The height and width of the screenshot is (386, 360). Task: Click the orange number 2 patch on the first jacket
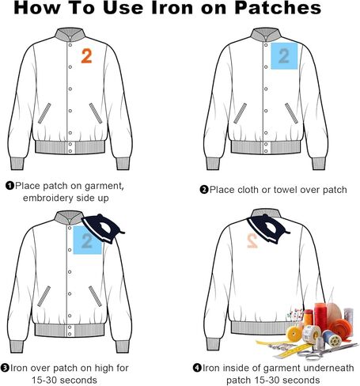pos(86,55)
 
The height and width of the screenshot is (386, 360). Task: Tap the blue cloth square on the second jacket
pos(284,56)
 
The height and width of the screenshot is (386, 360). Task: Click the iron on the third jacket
pos(103,229)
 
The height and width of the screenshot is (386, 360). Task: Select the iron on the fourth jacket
pos(268,229)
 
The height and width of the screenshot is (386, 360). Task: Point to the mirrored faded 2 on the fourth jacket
pos(252,241)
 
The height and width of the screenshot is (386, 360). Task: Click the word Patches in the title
pos(278,8)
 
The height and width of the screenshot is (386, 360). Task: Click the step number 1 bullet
pos(9,186)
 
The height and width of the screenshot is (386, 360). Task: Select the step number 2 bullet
pos(204,190)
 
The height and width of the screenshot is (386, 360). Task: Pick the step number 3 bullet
pos(5,368)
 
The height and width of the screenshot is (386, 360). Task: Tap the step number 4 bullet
pos(197,368)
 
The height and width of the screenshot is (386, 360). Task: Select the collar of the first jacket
pos(70,35)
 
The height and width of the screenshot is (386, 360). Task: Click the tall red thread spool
pos(320,316)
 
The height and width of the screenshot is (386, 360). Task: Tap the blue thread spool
pos(332,339)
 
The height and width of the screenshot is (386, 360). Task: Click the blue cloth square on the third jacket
pos(87,240)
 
